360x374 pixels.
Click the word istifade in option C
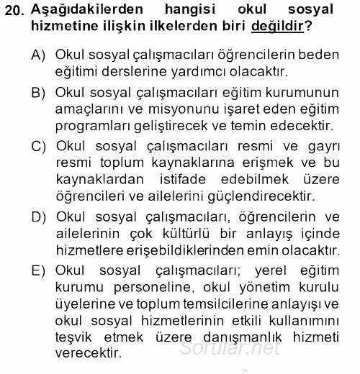point(202,179)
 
